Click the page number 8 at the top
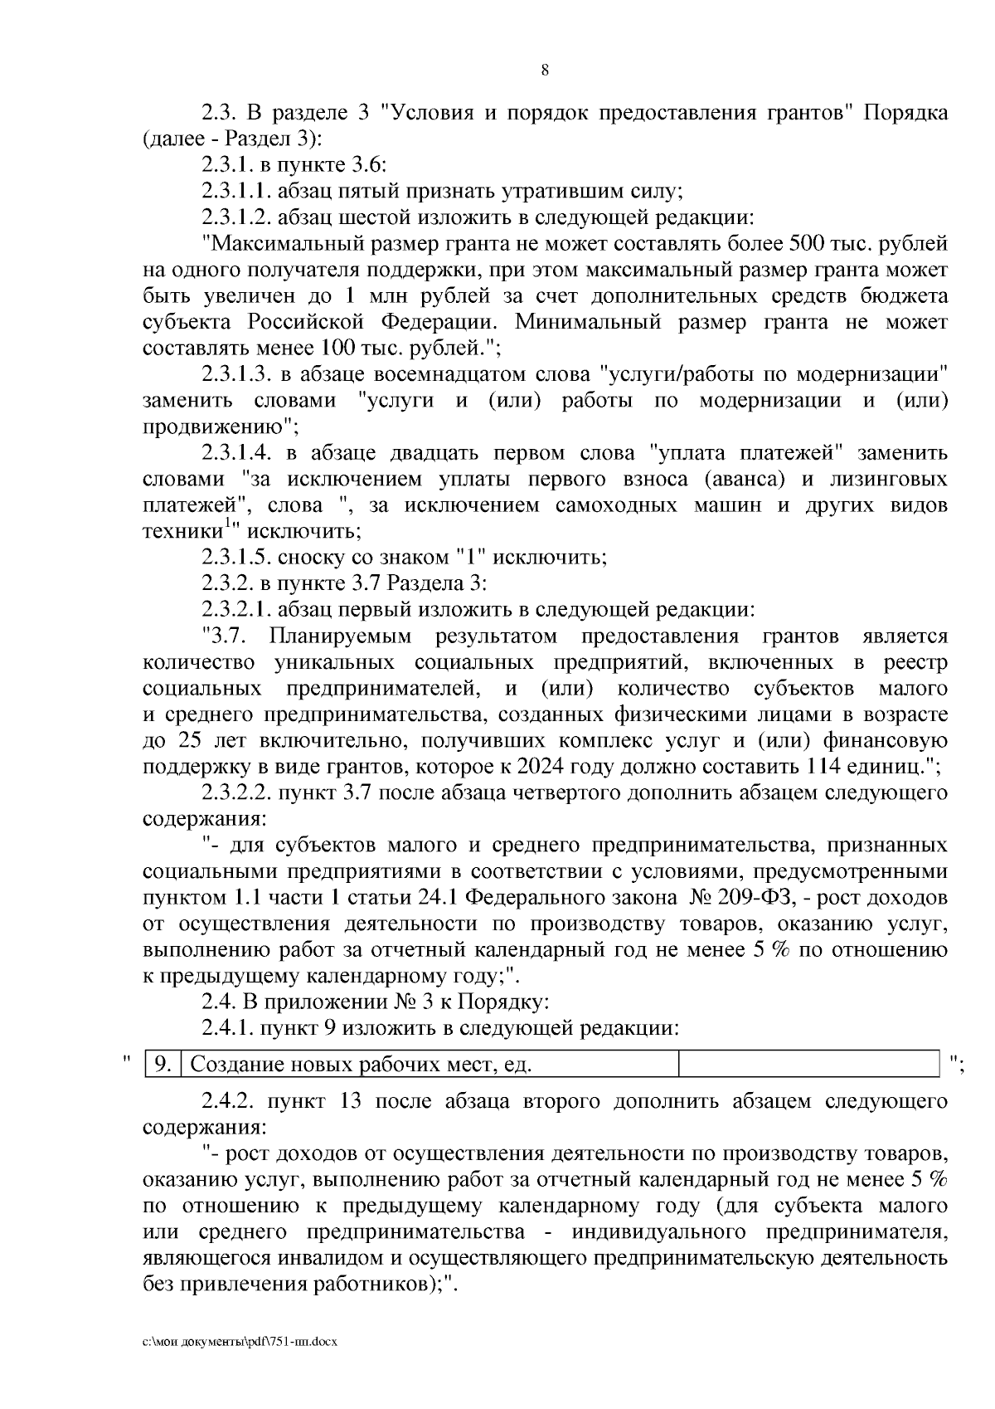click(545, 71)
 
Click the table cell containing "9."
click(163, 1064)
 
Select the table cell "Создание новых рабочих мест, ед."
click(361, 1064)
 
